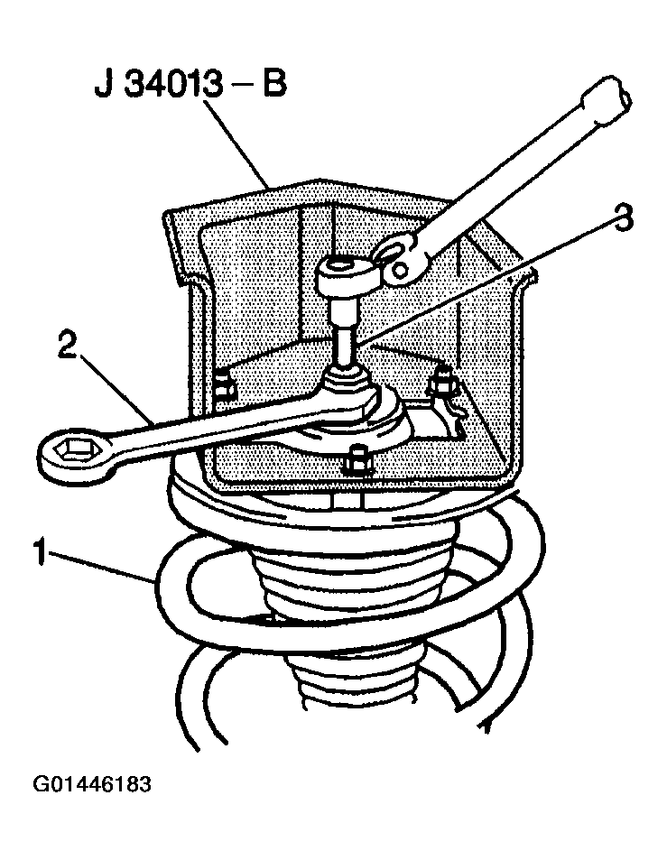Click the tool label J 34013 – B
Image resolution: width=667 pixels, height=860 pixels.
(x=190, y=85)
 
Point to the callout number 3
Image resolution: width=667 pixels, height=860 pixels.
(x=624, y=217)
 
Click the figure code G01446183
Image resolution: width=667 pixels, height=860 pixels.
(x=92, y=784)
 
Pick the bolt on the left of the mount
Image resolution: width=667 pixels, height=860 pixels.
(x=223, y=382)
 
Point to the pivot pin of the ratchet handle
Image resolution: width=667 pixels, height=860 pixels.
(x=402, y=270)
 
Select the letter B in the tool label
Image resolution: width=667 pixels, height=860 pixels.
(x=275, y=85)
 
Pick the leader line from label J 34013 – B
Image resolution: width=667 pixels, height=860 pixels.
(x=235, y=144)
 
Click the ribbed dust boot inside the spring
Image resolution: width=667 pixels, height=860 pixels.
(x=352, y=615)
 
